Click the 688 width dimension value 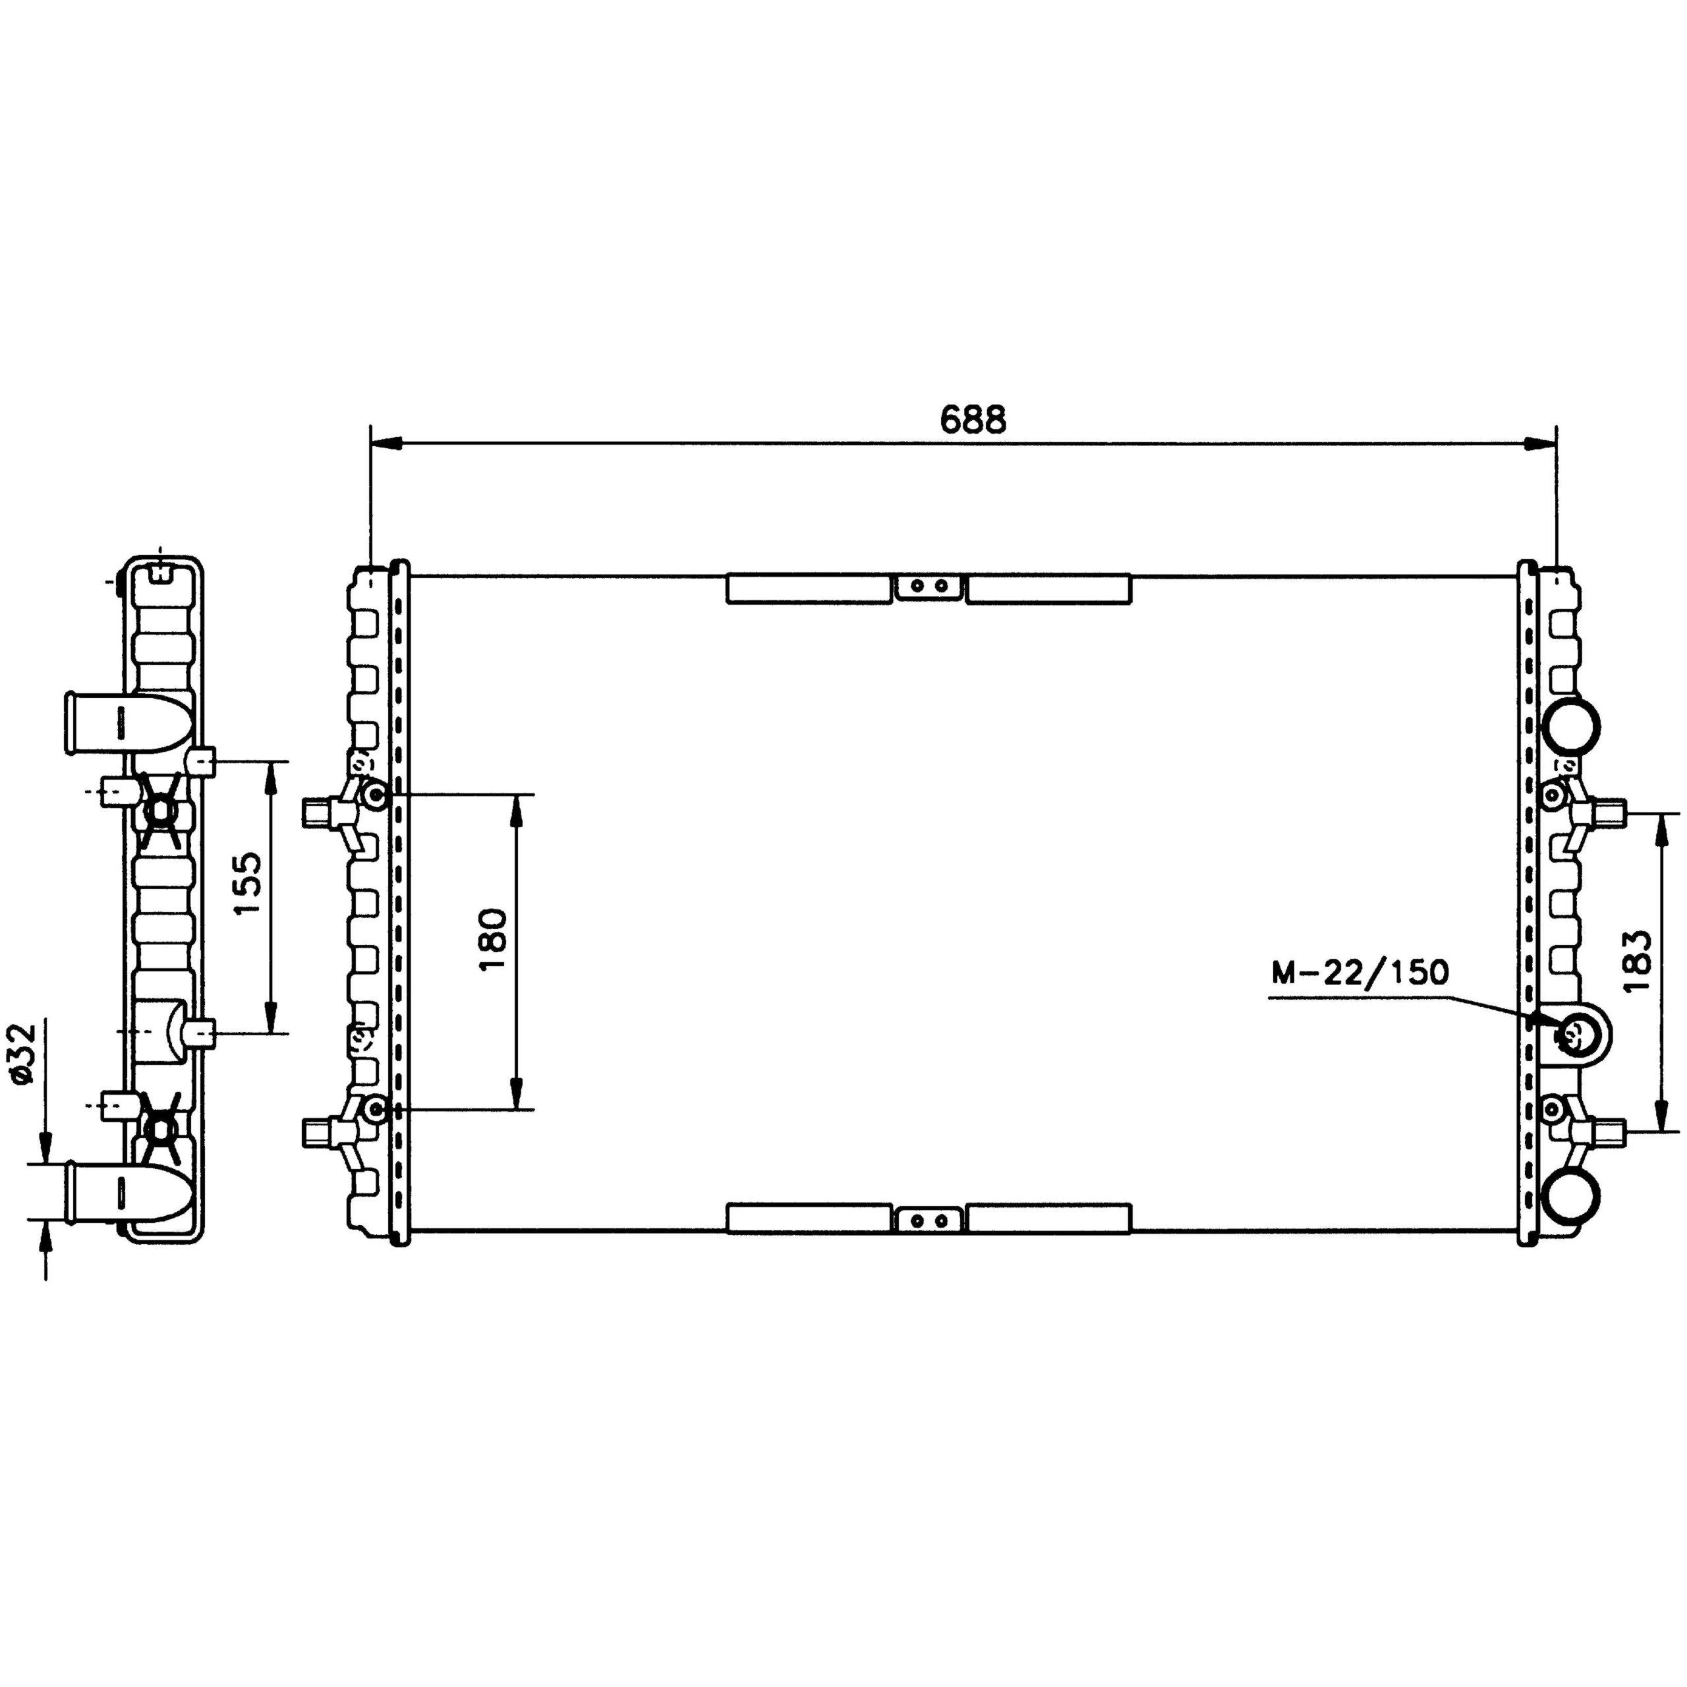(x=973, y=419)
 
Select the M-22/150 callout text (x=1359, y=972)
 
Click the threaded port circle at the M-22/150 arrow (x=1572, y=1037)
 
